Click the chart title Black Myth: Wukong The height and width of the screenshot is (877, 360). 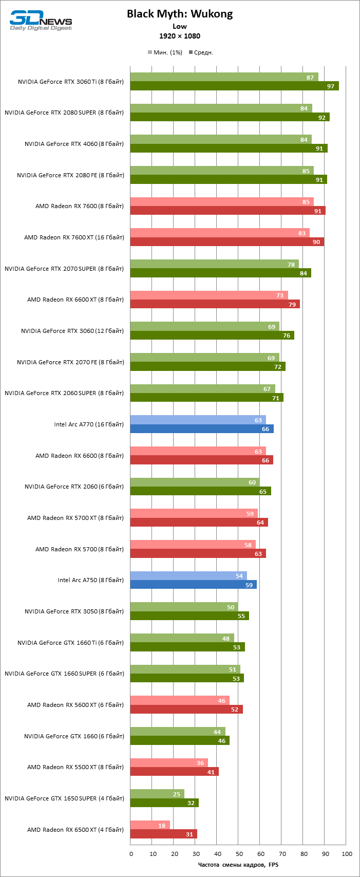pos(180,14)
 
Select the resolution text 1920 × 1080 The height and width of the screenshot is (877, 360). pos(180,36)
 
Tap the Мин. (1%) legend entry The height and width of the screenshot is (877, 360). pos(165,52)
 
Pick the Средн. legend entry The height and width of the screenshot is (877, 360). pos(201,52)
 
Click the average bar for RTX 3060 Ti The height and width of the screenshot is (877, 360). pos(234,86)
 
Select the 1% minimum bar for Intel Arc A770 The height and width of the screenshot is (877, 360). pos(198,420)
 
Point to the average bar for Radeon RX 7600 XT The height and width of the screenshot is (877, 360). pos(226,242)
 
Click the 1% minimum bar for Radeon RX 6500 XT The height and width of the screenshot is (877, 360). pos(149,825)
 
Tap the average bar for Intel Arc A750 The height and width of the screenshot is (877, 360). pos(193,585)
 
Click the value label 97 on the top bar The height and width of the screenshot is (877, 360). pos(331,86)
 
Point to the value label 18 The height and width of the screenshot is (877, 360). pos(162,825)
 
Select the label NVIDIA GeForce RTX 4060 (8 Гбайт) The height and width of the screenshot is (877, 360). pos(74,144)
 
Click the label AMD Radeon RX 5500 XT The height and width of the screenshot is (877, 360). pos(75,767)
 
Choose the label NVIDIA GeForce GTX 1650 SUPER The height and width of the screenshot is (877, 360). pos(64,798)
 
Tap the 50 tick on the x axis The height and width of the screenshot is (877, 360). pos(238,854)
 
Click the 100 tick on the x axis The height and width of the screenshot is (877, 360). pos(347,854)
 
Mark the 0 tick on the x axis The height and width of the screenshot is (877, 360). pos(131,854)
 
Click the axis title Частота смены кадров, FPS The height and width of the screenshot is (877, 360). pos(238,865)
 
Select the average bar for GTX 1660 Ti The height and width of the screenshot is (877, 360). pos(187,647)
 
